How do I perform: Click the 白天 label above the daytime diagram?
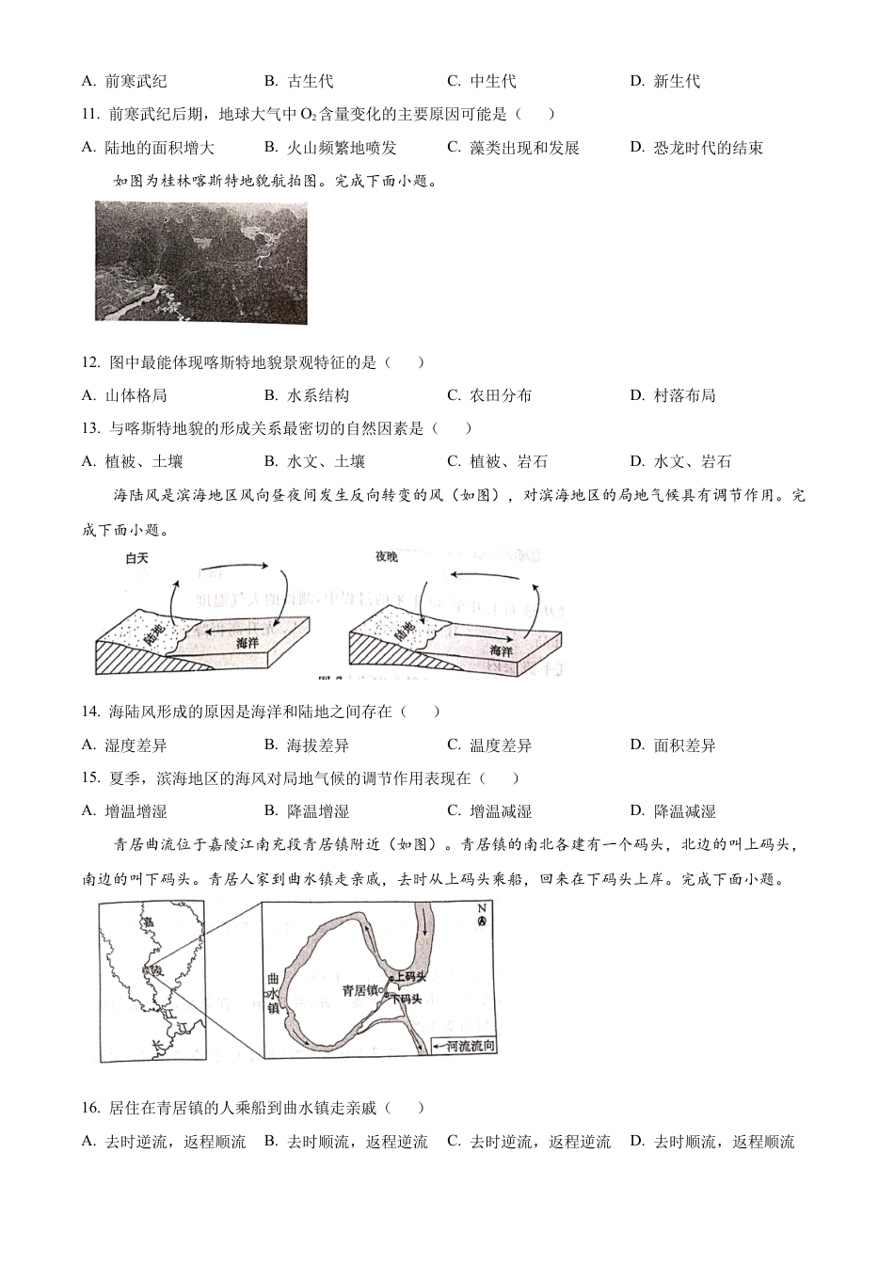pyautogui.click(x=137, y=558)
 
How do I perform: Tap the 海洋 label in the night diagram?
pyautogui.click(x=500, y=649)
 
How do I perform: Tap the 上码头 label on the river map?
pyautogui.click(x=410, y=978)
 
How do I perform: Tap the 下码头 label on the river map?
pyautogui.click(x=406, y=998)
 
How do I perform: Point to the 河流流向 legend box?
pyautogui.click(x=464, y=1046)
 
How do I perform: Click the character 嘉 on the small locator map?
pyautogui.click(x=148, y=922)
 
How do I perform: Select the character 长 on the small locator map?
pyautogui.click(x=158, y=1045)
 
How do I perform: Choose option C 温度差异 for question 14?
pyautogui.click(x=500, y=745)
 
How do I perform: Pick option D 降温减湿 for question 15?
pyautogui.click(x=683, y=811)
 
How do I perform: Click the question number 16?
pyautogui.click(x=91, y=1109)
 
